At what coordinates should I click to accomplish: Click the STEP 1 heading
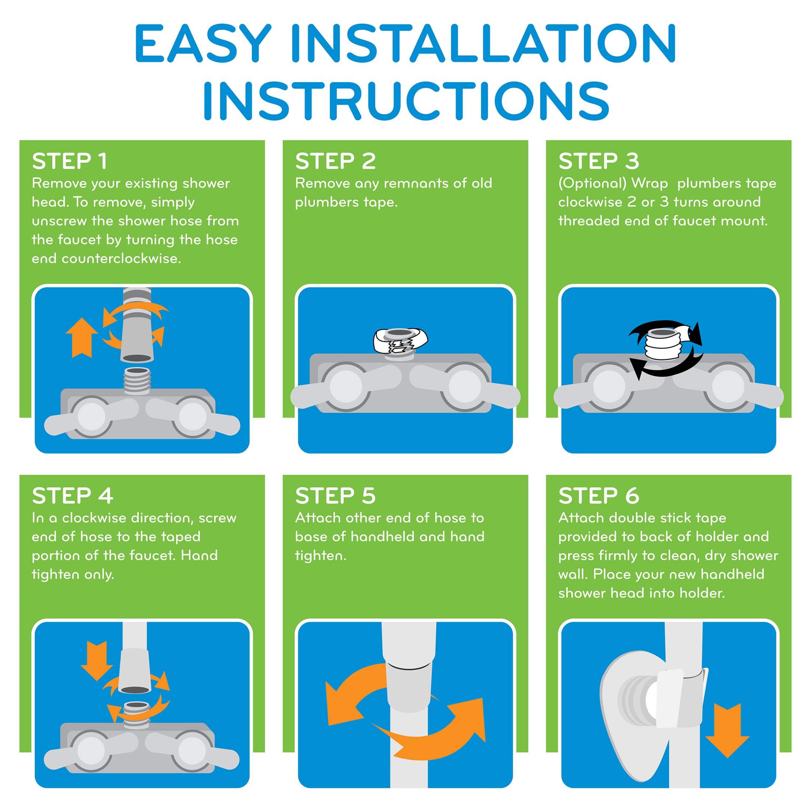pyautogui.click(x=69, y=162)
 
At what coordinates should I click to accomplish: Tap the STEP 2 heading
pyautogui.click(x=335, y=162)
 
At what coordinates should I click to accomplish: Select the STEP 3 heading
pyautogui.click(x=599, y=162)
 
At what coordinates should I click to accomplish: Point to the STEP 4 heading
pyautogui.click(x=73, y=496)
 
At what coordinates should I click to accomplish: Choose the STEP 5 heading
pyautogui.click(x=335, y=496)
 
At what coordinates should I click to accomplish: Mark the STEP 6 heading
pyautogui.click(x=599, y=496)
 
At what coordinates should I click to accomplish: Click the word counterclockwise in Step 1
pyautogui.click(x=121, y=259)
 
